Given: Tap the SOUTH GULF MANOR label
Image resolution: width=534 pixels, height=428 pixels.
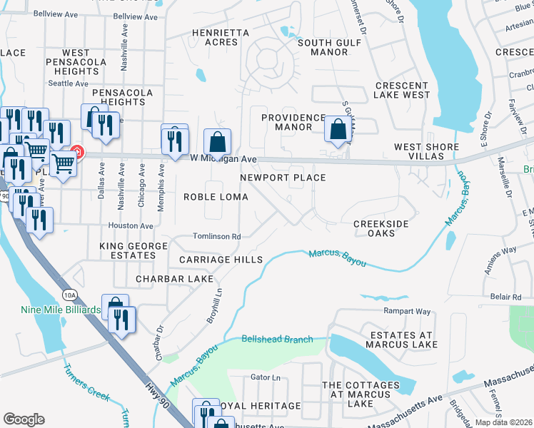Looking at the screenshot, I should coord(323,48).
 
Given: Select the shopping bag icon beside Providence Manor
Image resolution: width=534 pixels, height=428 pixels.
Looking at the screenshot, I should coord(338,129).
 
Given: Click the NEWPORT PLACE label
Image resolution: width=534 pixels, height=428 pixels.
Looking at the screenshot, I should coord(283,178).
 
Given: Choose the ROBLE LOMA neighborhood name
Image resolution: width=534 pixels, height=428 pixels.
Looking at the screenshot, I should coord(216,197).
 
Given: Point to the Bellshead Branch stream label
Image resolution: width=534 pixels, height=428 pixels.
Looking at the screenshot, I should coord(277,340).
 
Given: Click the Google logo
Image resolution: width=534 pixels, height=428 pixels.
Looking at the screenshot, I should coord(24,419).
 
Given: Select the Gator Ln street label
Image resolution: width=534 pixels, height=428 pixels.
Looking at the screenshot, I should coord(265,377).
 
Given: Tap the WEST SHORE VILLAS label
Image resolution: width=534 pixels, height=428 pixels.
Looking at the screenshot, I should coord(427,152).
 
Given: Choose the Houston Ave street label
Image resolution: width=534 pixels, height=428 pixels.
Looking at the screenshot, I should coord(131,226).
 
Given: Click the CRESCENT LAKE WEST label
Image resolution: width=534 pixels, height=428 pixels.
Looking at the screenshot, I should coord(403,90).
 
